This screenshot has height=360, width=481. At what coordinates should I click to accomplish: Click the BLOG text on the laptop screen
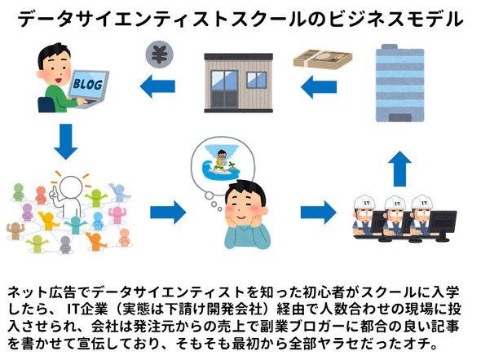[x=88, y=84]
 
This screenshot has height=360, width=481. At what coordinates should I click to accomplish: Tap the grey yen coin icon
[x=159, y=55]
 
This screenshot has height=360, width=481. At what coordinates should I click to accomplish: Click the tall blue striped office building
[x=400, y=83]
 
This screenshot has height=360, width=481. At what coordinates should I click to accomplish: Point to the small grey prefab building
[x=239, y=83]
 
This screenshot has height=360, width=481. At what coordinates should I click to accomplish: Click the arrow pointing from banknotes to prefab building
[x=319, y=87]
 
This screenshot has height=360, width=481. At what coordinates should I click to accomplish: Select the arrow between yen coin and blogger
[x=157, y=86]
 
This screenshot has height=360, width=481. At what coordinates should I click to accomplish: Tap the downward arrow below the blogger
[x=66, y=142]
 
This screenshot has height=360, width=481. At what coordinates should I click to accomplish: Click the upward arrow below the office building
[x=399, y=169]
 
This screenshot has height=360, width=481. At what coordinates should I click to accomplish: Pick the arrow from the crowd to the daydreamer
[x=168, y=212]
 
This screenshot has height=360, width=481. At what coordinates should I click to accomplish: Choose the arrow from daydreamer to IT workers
[x=319, y=212]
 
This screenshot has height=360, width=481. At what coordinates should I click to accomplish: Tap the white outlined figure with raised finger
[x=69, y=196]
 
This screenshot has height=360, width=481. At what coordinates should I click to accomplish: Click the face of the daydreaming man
[x=243, y=204]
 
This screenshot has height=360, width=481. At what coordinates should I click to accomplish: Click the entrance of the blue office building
[x=400, y=117]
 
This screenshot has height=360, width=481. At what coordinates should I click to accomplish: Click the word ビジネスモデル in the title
[x=395, y=20]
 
